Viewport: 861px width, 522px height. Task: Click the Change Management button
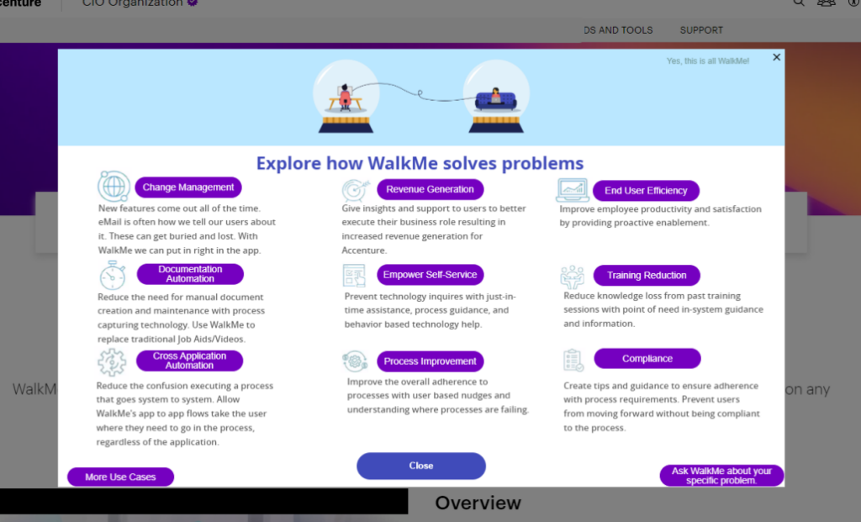tap(188, 187)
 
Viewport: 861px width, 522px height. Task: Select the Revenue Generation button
tap(430, 189)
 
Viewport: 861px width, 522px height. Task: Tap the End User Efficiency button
tap(646, 191)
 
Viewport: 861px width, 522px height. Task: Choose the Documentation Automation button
tap(190, 274)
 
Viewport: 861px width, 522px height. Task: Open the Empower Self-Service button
tap(430, 275)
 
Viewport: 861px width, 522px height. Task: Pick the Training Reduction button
tap(647, 275)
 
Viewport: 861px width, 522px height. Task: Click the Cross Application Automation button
tap(189, 361)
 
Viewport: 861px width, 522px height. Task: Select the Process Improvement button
tap(430, 361)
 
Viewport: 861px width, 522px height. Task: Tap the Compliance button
tap(647, 359)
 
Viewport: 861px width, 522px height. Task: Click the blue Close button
tap(421, 466)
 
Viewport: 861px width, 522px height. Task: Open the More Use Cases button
tap(120, 477)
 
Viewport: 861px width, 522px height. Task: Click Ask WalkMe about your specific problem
tap(721, 476)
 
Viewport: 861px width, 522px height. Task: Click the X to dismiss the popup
tap(776, 57)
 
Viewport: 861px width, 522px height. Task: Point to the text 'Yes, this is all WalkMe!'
tap(707, 61)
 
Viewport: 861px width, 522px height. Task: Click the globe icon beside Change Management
tap(114, 186)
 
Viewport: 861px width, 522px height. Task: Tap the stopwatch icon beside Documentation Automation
tap(113, 275)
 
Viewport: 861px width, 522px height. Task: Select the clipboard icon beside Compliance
tap(573, 360)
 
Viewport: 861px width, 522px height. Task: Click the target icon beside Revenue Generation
tap(356, 190)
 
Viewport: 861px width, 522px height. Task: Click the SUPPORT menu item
tap(701, 30)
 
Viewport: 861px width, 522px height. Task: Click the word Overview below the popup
tap(478, 503)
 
